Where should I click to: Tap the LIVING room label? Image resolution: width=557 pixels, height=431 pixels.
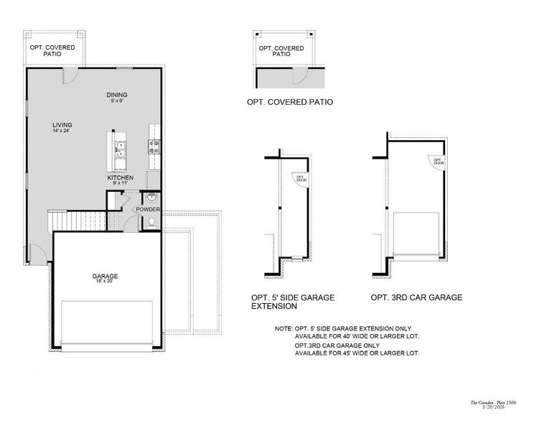(62, 125)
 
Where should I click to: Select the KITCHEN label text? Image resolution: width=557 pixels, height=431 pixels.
(121, 177)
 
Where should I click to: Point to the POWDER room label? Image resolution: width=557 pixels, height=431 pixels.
(148, 209)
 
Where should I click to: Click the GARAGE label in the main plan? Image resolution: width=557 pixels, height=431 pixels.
(105, 276)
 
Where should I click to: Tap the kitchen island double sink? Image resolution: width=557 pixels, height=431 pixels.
(121, 148)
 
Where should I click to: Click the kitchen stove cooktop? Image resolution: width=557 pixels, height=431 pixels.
(153, 147)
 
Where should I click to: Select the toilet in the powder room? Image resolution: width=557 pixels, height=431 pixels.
(150, 224)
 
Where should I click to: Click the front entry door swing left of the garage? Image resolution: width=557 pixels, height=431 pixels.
(37, 253)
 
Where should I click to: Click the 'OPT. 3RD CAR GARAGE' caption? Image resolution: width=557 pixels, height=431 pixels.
(416, 297)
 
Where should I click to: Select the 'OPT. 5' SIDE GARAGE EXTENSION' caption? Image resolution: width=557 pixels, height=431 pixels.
(292, 301)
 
